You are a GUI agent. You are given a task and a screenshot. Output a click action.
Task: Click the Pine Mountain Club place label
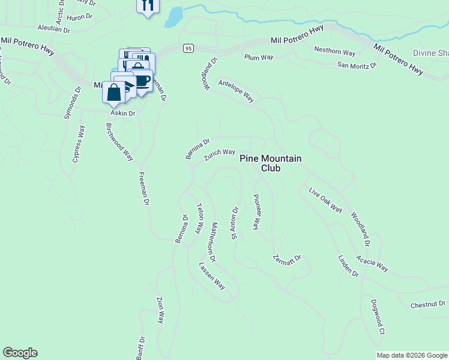click(270, 163)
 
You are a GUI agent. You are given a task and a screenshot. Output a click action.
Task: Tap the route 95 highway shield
click(188, 48)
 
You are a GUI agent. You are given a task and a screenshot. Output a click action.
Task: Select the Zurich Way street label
click(219, 155)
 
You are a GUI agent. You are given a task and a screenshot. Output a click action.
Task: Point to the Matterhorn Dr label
click(213, 242)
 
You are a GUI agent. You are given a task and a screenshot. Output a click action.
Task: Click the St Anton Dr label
click(235, 223)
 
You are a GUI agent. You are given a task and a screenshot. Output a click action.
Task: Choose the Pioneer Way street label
click(256, 212)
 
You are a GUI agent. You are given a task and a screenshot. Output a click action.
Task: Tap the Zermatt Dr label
click(286, 260)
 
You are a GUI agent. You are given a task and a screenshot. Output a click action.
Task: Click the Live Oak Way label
click(325, 200)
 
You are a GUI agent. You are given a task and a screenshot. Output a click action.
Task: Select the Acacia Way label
click(372, 263)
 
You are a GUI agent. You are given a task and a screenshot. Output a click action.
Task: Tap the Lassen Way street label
click(212, 276)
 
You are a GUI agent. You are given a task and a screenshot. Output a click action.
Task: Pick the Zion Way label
click(160, 310)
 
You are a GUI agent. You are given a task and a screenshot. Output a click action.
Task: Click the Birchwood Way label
click(119, 142)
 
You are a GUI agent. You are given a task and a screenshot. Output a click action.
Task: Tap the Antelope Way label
click(237, 91)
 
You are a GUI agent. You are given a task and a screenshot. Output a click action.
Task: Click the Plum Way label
click(259, 58)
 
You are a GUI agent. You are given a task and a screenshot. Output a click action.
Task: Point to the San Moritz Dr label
click(357, 65)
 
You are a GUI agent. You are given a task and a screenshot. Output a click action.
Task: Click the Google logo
click(20, 353)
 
